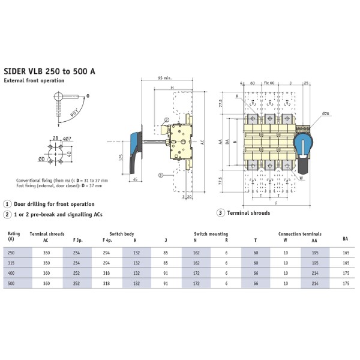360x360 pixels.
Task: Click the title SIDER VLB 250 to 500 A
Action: pyautogui.click(x=49, y=71)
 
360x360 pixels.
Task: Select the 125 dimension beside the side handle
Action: pyautogui.click(x=121, y=158)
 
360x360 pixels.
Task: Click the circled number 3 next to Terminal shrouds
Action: pyautogui.click(x=220, y=213)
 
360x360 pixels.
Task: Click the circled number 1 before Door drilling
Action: pyautogui.click(x=7, y=204)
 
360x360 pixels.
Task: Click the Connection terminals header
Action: pyautogui.click(x=300, y=233)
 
